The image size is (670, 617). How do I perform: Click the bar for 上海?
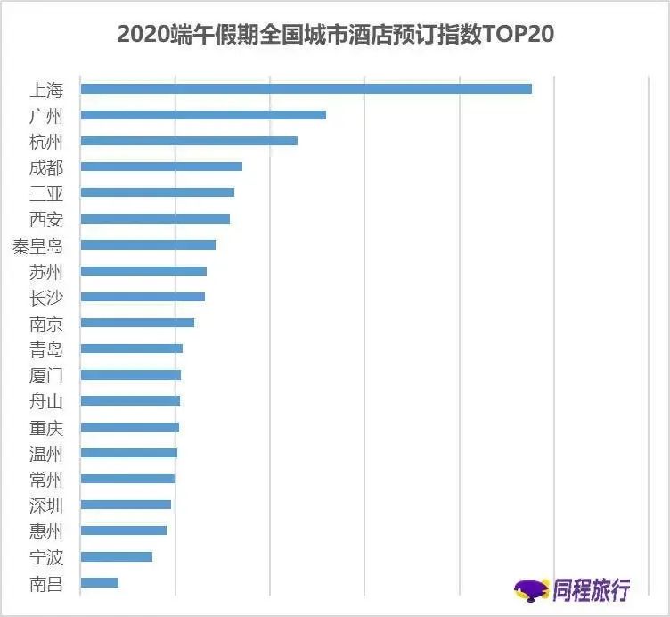[306, 88]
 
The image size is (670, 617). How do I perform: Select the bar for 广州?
[203, 115]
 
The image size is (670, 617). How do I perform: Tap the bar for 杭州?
[189, 141]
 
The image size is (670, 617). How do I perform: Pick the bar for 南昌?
[99, 582]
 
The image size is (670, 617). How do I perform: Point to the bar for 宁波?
[116, 556]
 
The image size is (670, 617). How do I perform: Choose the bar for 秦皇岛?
[148, 244]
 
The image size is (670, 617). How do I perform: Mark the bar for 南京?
[137, 323]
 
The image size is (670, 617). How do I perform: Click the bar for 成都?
[161, 167]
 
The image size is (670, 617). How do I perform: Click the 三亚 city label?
[46, 193]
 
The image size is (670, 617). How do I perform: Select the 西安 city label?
[46, 218]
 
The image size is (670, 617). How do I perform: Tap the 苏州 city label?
[46, 271]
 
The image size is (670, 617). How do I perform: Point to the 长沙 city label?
[46, 297]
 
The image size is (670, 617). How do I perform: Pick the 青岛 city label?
[46, 349]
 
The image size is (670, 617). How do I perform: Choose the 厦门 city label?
[46, 374]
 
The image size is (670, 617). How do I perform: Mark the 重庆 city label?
[46, 427]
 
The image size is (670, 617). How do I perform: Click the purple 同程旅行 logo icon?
[532, 589]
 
